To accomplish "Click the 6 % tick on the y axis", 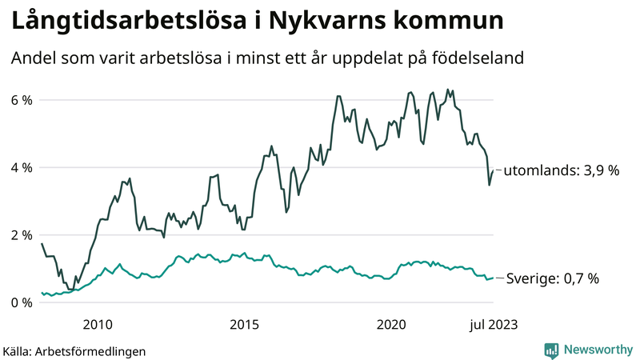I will point(21,100).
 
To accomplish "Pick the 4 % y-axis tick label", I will point(21,168).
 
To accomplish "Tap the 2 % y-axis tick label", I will point(21,235).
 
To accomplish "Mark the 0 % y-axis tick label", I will point(21,302).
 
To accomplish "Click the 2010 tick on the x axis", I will point(96,324).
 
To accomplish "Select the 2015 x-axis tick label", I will point(243,324).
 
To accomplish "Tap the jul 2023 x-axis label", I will point(491,324).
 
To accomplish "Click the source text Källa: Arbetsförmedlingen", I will point(74,350).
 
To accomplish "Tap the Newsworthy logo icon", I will point(551,350).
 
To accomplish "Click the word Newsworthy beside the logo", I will point(597,350).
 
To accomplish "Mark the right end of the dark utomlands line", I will point(493,170).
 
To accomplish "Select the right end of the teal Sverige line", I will point(493,278).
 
